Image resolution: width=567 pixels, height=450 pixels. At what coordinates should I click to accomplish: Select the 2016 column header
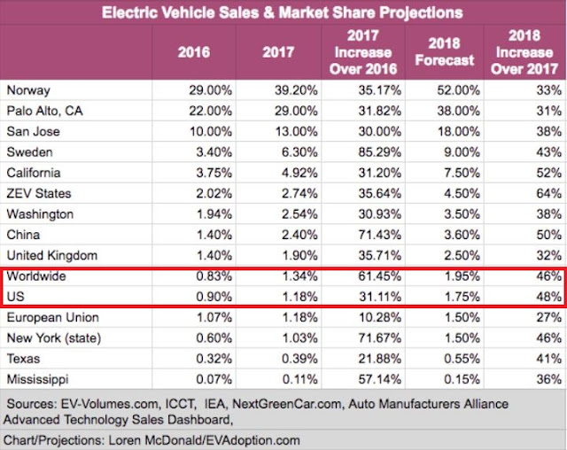(x=193, y=52)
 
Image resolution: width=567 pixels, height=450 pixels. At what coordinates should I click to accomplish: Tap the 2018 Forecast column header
(x=450, y=52)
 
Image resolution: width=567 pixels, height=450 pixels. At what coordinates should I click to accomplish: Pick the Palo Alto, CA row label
(x=43, y=110)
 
